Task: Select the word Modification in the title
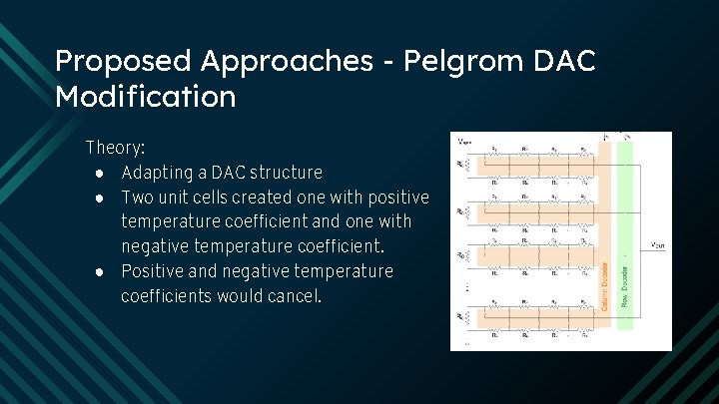click(x=146, y=97)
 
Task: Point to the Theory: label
click(x=115, y=148)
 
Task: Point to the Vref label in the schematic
click(x=465, y=141)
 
